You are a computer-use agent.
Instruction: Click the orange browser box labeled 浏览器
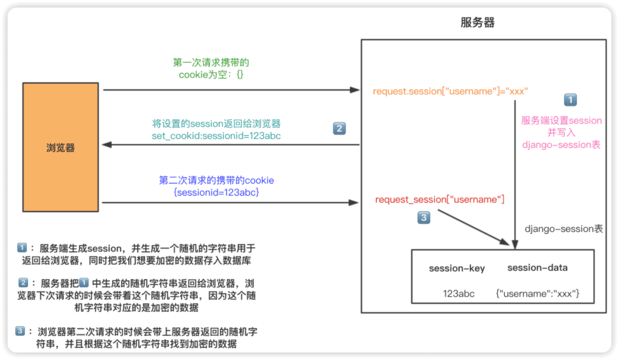[x=60, y=147]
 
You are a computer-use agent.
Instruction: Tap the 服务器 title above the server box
[x=477, y=23]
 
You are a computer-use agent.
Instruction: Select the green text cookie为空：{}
[x=211, y=75]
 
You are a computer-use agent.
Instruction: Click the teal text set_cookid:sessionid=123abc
[x=216, y=136]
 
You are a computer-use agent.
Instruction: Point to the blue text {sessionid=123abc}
[x=216, y=192]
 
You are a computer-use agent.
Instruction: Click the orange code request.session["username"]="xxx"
[x=451, y=91]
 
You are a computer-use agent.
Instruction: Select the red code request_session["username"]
[x=439, y=200]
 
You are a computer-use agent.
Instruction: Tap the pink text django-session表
[x=561, y=145]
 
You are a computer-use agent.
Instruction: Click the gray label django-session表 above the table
[x=564, y=229]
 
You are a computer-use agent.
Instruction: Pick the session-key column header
[x=457, y=268]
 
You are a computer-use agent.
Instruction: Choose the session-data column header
[x=537, y=267]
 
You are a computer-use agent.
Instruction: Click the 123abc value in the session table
[x=458, y=293]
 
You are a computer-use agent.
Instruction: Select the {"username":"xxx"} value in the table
[x=538, y=293]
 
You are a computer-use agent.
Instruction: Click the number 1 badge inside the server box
[x=570, y=100]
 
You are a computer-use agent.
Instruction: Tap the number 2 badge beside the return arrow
[x=339, y=129]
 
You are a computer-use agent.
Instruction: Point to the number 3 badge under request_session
[x=424, y=218]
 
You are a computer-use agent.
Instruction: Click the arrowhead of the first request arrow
[x=357, y=90]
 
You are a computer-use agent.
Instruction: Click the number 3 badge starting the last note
[x=20, y=331]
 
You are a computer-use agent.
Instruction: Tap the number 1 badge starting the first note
[x=22, y=248]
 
